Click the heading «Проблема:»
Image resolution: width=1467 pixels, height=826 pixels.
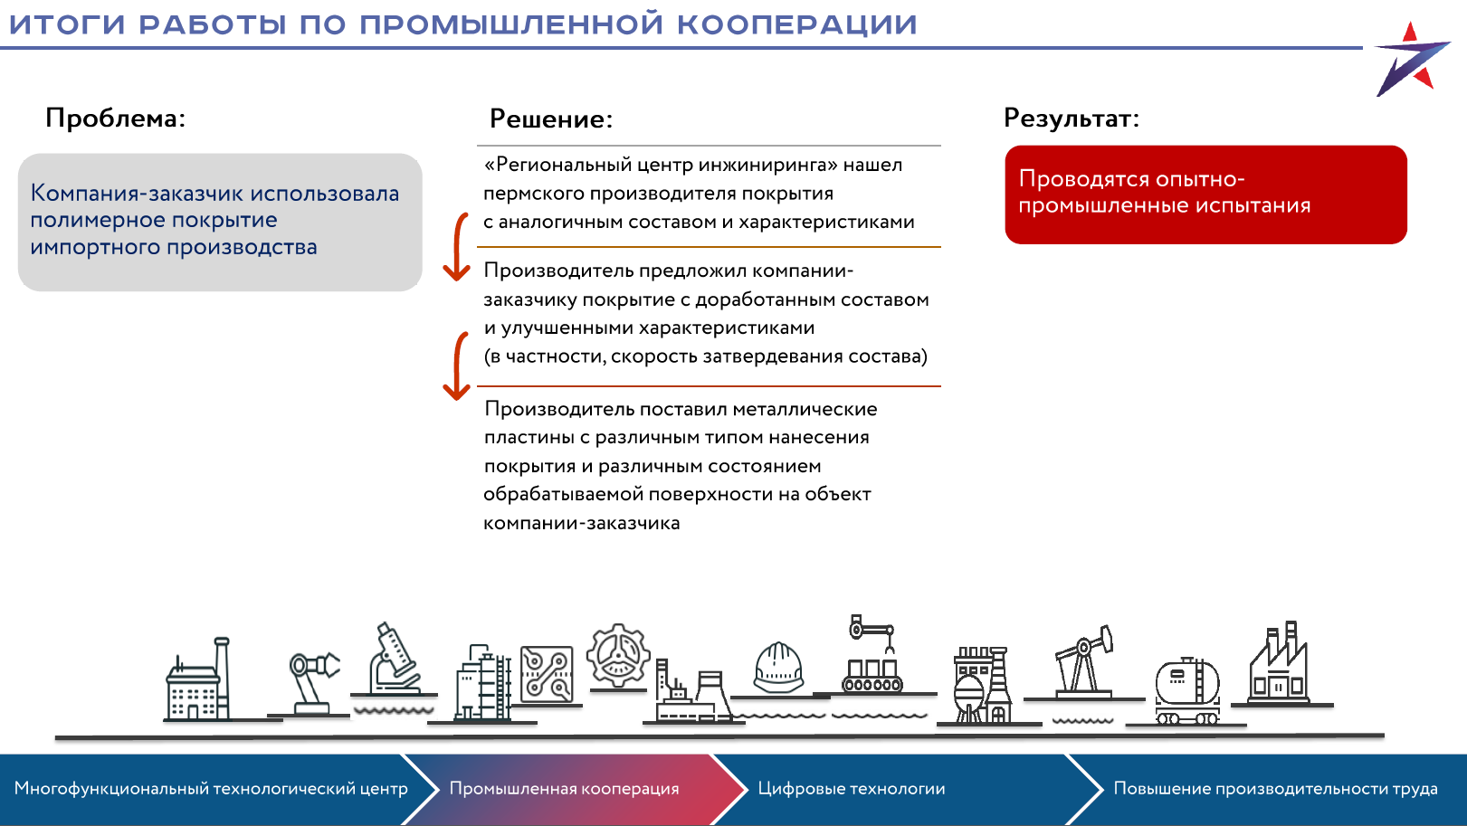(115, 119)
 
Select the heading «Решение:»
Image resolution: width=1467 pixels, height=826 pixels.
(551, 119)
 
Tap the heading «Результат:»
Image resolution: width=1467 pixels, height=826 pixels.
(1072, 119)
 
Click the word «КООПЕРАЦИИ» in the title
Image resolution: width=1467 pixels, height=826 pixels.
(796, 24)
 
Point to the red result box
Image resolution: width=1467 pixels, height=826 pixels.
(1205, 195)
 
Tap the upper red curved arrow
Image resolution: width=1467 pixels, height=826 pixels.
(458, 247)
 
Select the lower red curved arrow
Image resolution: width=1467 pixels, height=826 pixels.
(458, 366)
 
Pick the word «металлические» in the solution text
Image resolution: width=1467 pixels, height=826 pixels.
(805, 409)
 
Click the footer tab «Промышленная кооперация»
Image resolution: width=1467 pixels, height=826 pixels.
(564, 789)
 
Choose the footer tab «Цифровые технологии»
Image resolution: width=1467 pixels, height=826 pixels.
(852, 789)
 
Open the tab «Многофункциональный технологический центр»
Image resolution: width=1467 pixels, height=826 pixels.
(211, 789)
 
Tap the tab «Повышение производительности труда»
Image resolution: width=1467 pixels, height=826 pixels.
(1275, 789)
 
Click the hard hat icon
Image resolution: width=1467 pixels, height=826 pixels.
(778, 669)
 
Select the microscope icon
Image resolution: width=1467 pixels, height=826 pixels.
(394, 659)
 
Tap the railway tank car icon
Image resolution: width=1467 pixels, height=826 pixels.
(1186, 690)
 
